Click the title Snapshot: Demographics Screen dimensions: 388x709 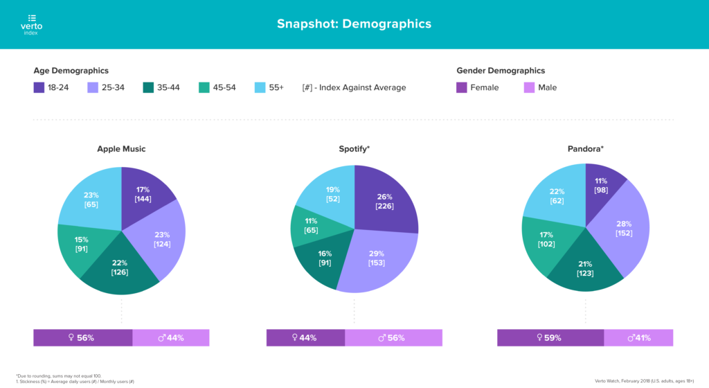click(354, 24)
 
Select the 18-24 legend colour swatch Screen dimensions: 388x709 click(39, 87)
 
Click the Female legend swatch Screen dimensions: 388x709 click(462, 87)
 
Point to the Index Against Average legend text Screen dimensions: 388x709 click(354, 87)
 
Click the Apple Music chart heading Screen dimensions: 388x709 click(121, 148)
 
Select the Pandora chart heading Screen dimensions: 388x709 click(585, 148)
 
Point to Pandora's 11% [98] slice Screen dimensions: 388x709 click(602, 185)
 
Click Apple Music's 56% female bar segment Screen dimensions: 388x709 click(82, 338)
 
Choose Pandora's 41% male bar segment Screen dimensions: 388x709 click(638, 338)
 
